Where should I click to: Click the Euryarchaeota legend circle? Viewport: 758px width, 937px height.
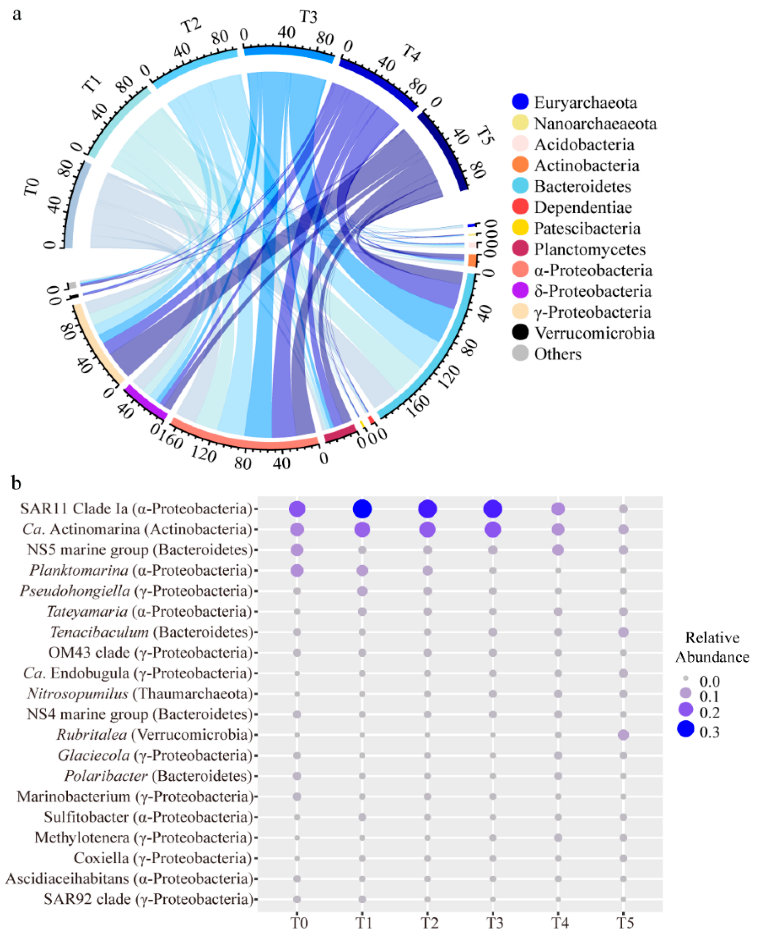point(520,102)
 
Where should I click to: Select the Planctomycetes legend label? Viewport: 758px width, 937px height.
point(589,249)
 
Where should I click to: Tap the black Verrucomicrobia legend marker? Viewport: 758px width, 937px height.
point(520,333)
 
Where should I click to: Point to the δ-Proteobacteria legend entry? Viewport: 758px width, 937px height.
point(592,291)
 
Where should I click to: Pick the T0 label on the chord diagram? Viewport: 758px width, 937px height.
point(32,187)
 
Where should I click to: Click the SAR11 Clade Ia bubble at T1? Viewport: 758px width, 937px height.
point(362,509)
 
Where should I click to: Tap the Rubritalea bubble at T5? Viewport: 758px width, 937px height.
point(623,735)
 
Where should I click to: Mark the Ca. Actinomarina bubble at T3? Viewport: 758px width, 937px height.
point(493,529)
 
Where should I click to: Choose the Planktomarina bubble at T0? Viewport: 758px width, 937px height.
point(297,570)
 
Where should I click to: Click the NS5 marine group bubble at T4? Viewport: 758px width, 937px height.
point(558,550)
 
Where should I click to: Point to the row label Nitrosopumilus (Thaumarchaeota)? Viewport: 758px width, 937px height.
point(140,694)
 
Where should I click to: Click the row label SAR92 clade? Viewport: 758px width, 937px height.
point(148,899)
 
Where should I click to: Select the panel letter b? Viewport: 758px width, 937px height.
point(17,483)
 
